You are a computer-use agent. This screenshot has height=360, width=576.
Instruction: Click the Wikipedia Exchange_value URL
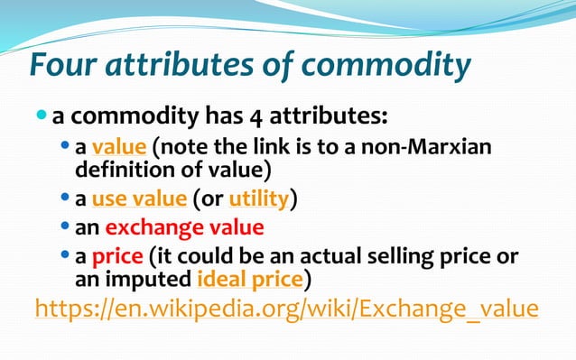point(286,309)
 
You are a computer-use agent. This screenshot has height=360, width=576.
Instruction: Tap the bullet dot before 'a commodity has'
point(42,117)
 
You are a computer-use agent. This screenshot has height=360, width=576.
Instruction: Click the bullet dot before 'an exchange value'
point(64,227)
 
